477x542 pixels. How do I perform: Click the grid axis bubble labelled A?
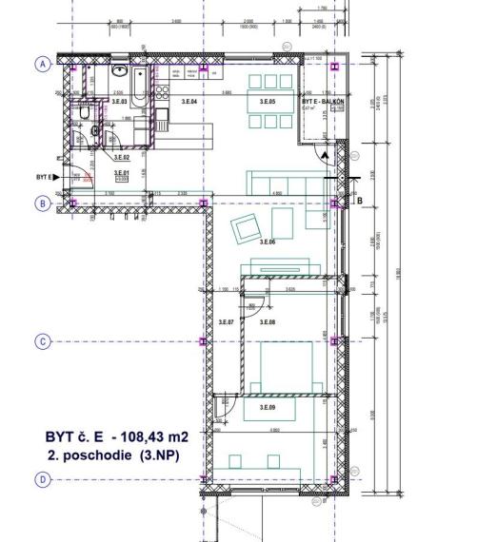coord(42,64)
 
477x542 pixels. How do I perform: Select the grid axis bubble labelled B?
coord(42,203)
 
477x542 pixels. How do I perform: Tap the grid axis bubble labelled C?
coord(42,341)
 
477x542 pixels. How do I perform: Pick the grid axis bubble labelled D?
coord(42,480)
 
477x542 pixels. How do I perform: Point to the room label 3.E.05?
coord(267,101)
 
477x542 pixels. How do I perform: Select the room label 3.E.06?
coord(267,243)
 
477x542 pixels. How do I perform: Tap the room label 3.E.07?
coord(226,323)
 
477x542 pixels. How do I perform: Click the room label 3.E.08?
coord(267,323)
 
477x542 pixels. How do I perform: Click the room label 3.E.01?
coord(121,173)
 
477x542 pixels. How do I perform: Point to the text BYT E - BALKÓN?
coord(322,101)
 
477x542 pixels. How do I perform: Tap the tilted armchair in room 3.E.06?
coord(247,226)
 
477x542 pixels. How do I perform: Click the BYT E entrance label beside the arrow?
coord(44,178)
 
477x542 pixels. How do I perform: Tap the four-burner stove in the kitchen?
coord(162,92)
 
